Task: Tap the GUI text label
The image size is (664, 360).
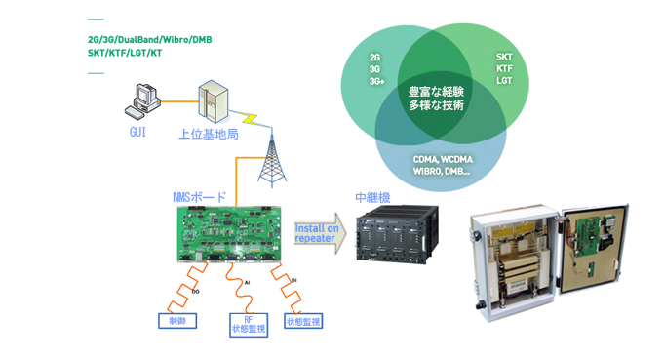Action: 137,132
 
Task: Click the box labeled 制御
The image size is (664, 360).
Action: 176,321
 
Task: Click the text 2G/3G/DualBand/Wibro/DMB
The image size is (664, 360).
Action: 149,40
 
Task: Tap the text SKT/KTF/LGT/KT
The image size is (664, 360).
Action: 125,53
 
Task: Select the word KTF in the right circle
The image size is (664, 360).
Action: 504,69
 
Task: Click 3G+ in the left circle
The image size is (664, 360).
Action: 376,81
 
